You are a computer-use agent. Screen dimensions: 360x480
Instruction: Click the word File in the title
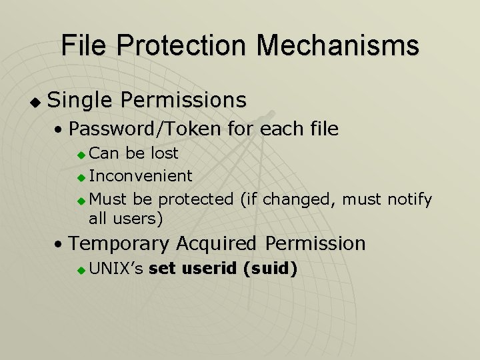85,45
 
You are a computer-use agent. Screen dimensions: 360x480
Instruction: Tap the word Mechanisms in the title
338,45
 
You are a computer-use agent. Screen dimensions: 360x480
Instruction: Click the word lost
165,153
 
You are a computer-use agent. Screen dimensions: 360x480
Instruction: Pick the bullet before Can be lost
81,155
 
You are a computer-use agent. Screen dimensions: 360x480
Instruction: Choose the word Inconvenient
141,176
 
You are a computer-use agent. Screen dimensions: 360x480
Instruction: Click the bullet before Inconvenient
81,177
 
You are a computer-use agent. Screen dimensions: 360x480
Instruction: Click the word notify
412,199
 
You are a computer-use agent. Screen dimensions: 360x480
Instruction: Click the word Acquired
222,243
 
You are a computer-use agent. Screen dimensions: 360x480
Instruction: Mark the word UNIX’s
116,269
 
